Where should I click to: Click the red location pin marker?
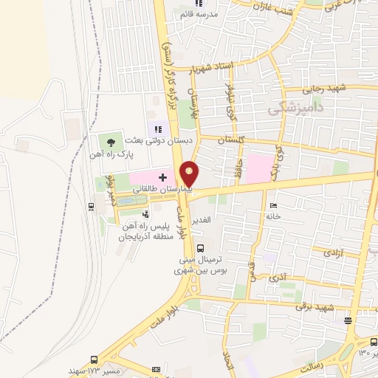pyautogui.click(x=190, y=173)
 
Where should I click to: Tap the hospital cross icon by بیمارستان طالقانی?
pyautogui.click(x=162, y=177)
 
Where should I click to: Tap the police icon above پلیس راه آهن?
pyautogui.click(x=145, y=213)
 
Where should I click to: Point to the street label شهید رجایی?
pyautogui.click(x=329, y=88)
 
